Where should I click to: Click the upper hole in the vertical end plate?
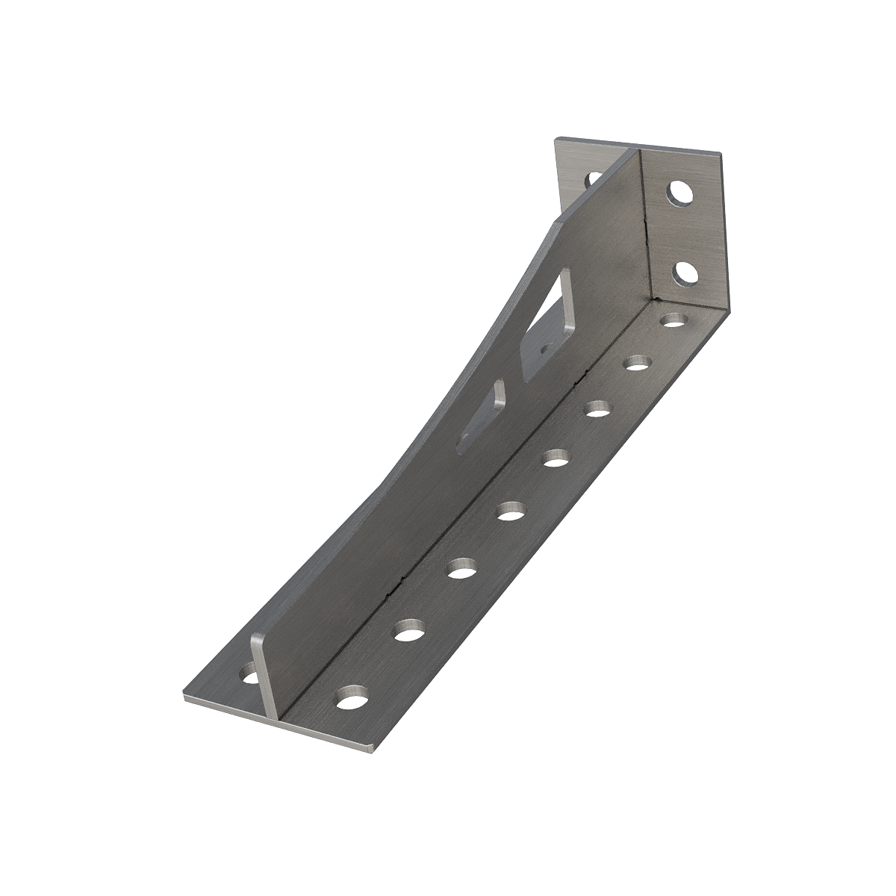click(x=680, y=193)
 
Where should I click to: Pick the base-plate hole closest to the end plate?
click(x=674, y=321)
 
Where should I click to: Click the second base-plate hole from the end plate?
click(x=637, y=364)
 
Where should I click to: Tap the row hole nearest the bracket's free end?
click(x=352, y=700)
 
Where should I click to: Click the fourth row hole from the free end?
click(x=511, y=511)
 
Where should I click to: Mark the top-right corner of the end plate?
click(x=721, y=155)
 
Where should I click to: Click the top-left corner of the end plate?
click(x=556, y=140)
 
